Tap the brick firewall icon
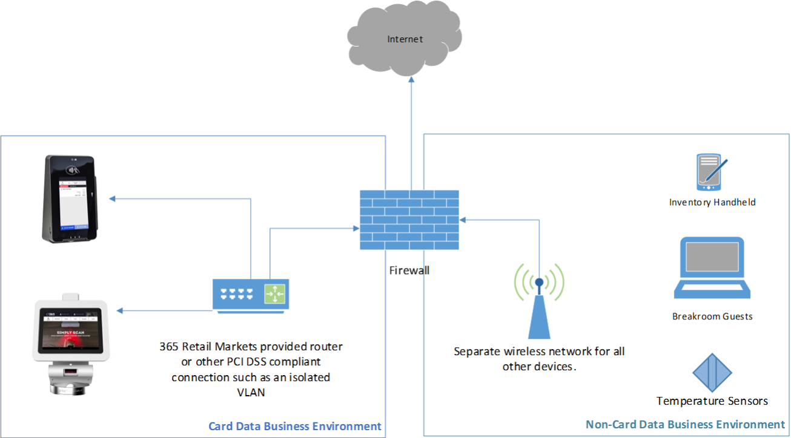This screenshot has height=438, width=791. coord(409,220)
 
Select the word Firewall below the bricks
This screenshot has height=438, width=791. coord(409,270)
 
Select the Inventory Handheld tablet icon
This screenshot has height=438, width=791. coord(712,172)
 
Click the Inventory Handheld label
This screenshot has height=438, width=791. coord(712,203)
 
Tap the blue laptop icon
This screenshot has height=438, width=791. coord(712,267)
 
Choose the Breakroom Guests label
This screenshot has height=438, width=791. coord(712,316)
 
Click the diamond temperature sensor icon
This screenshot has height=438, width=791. coord(712,372)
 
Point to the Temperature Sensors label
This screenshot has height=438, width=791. coord(712,401)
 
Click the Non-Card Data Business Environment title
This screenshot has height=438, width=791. coord(685,425)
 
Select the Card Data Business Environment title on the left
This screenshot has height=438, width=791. coord(295,427)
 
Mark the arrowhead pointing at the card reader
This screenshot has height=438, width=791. coord(111,198)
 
